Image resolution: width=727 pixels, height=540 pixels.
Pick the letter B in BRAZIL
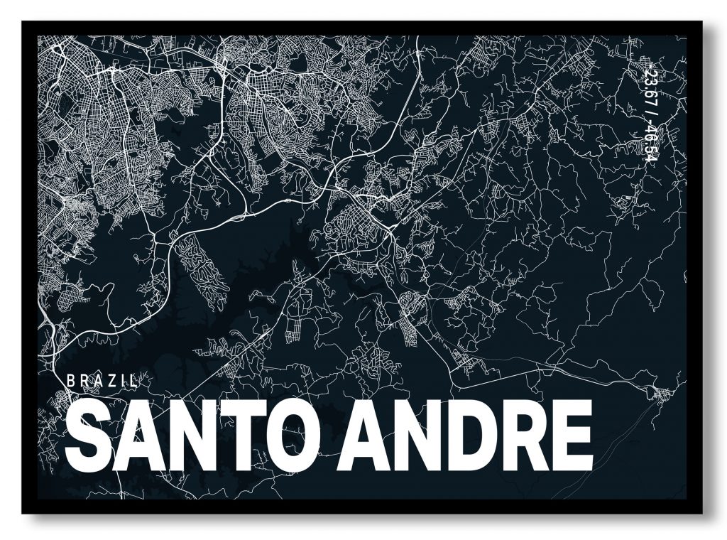click(70, 380)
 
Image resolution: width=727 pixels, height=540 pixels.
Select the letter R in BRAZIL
click(83, 380)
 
